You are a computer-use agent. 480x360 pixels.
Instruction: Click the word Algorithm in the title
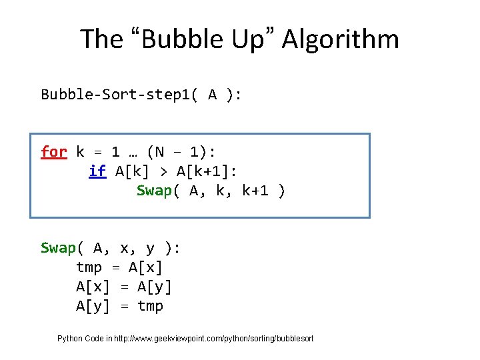[340, 39]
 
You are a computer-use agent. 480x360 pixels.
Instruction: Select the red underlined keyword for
[54, 152]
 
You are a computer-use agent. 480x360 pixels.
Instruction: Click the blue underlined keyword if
[97, 171]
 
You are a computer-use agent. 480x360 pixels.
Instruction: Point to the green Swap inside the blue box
[154, 191]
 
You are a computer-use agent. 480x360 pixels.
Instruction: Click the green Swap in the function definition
[58, 249]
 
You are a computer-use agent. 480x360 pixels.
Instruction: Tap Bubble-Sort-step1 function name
[119, 95]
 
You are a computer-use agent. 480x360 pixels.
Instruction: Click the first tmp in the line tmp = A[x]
[89, 268]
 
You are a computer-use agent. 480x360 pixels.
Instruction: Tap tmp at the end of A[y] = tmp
[150, 306]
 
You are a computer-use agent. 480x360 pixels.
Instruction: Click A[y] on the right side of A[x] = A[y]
[154, 287]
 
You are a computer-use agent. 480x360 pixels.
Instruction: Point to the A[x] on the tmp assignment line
[146, 268]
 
